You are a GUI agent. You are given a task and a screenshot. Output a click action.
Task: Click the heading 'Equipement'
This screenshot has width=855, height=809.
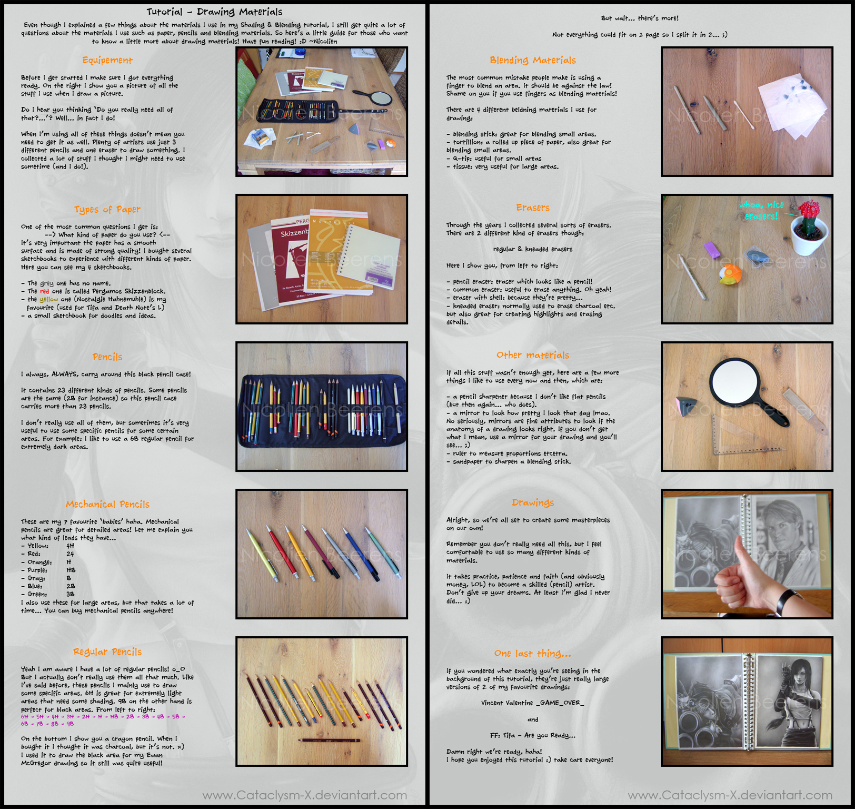[107, 60]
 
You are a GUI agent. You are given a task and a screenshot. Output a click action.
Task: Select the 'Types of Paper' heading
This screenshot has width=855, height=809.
[107, 210]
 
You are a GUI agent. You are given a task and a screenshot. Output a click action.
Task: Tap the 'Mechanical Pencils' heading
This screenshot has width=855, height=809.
[107, 505]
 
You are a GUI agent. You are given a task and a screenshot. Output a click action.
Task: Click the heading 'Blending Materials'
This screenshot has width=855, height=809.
[532, 60]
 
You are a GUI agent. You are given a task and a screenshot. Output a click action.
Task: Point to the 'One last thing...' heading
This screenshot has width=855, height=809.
[532, 654]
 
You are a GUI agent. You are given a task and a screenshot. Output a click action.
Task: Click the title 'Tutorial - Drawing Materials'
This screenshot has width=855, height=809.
[214, 12]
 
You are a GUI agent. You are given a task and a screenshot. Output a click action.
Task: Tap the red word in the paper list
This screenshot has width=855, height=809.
[44, 291]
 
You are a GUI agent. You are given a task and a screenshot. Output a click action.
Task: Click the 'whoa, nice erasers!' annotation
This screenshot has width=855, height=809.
[761, 211]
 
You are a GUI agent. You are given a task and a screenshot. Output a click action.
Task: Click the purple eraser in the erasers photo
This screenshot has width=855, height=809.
[712, 249]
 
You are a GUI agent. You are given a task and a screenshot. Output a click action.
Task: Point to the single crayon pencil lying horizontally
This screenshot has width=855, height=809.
[330, 741]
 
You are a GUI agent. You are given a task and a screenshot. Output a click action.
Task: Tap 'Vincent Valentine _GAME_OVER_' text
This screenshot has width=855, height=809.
[532, 703]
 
